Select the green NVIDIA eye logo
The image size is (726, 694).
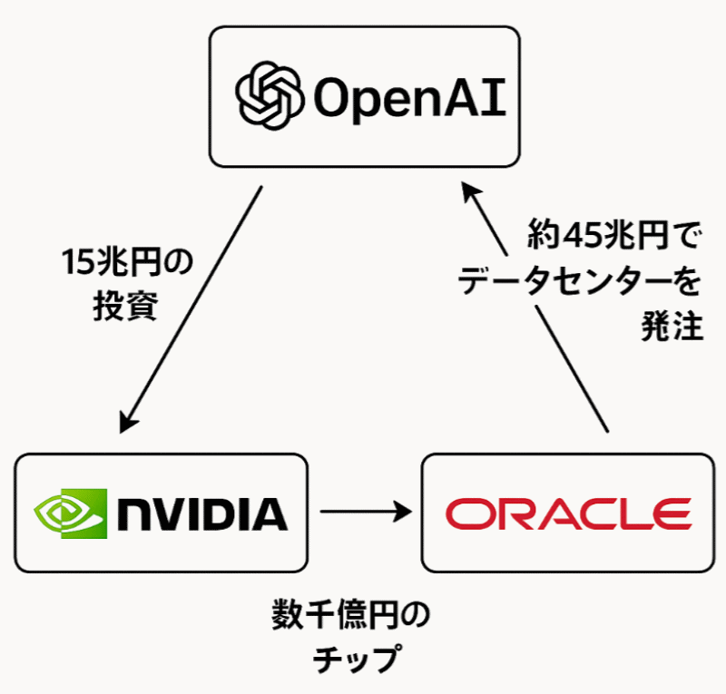69,513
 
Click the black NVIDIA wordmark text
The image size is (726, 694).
202,513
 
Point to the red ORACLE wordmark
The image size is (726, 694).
568,513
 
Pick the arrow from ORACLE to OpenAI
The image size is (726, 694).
535,308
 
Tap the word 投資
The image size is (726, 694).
126,307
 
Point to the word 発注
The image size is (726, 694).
672,327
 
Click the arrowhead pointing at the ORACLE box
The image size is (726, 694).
403,513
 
